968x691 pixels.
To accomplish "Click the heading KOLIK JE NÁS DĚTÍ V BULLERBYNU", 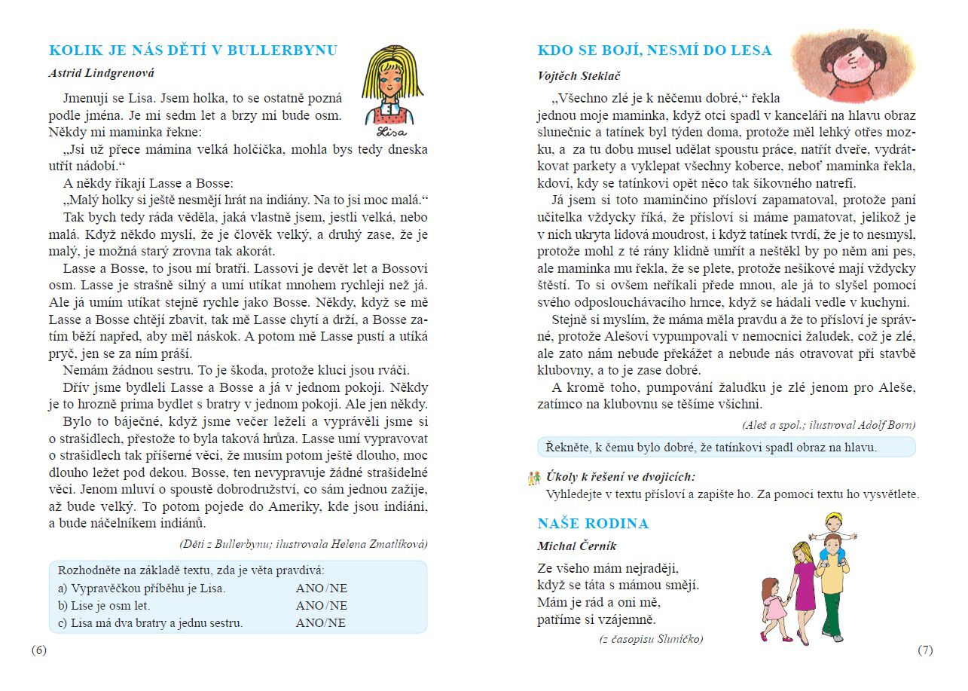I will click(x=193, y=50).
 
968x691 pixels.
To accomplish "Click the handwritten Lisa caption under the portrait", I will click(x=391, y=133).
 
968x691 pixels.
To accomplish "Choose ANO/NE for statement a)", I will click(x=322, y=589).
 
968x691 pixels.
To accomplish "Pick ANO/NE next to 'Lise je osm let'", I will click(x=322, y=606).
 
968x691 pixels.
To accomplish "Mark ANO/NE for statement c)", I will click(x=321, y=623).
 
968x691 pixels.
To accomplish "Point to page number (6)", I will click(x=38, y=650).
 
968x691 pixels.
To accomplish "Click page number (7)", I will click(x=925, y=650).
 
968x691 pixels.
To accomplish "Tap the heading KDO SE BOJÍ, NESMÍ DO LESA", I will click(x=654, y=50).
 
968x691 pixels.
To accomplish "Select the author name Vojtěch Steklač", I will click(x=579, y=76).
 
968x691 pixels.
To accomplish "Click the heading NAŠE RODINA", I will click(x=593, y=524).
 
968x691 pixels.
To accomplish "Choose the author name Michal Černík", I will click(x=576, y=546).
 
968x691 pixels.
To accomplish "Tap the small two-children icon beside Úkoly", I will click(x=535, y=477).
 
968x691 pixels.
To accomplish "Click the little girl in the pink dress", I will click(x=772, y=607).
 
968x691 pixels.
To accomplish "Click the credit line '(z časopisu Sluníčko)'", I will click(x=651, y=639).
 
